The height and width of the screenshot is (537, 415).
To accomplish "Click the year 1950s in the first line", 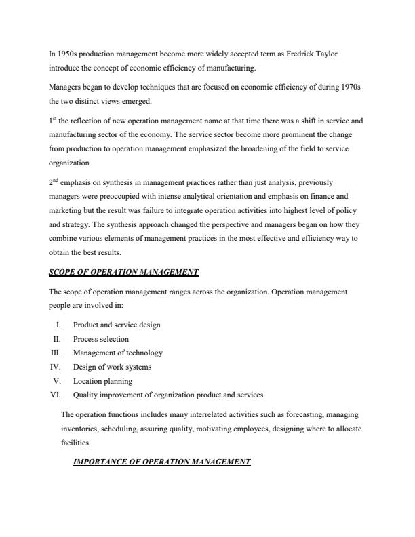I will pyautogui.click(x=67, y=54).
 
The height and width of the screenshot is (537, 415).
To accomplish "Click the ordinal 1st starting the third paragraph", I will pyautogui.click(x=54, y=121).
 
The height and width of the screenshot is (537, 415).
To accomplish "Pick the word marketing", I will pyautogui.click(x=66, y=211).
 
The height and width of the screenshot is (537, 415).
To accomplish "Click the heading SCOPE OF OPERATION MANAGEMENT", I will pyautogui.click(x=123, y=273).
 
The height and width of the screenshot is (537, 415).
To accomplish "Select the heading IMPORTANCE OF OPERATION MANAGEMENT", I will pyautogui.click(x=161, y=462).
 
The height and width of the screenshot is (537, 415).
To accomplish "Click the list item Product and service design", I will pyautogui.click(x=117, y=325).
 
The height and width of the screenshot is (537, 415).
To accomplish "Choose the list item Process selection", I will pyautogui.click(x=100, y=339).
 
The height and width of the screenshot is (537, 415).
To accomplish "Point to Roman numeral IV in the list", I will pyautogui.click(x=56, y=367).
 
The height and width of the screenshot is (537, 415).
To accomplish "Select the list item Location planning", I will pyautogui.click(x=102, y=381).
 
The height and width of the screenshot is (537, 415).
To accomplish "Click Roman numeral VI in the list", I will pyautogui.click(x=56, y=395).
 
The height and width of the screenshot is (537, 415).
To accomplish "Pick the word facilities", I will pyautogui.click(x=76, y=442).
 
